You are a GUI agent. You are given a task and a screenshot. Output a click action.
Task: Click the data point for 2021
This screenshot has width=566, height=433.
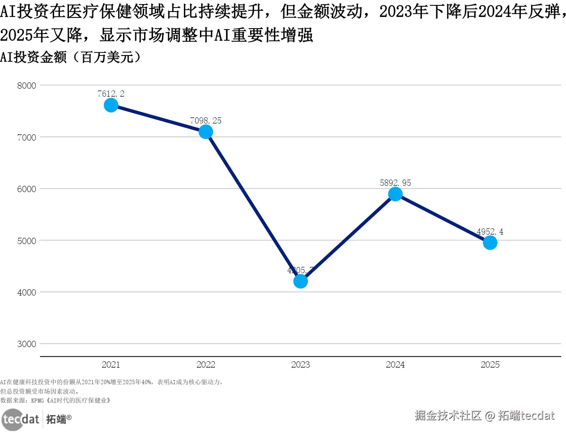coord(111,105)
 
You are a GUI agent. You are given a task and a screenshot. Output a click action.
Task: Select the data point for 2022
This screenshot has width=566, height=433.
coord(206,132)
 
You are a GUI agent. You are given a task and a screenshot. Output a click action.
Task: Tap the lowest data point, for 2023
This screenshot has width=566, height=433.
coord(301,281)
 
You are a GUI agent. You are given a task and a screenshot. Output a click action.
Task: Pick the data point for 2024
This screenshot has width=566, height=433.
coord(396,194)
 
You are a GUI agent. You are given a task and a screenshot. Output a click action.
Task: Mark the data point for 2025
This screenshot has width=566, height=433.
coord(490,243)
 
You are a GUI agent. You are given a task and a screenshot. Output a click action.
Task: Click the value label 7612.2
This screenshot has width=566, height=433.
coord(111,94)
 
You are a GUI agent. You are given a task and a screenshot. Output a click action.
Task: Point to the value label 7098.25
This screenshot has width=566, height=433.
coord(206,120)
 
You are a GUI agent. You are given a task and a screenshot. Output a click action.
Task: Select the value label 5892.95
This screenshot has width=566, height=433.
coord(396,183)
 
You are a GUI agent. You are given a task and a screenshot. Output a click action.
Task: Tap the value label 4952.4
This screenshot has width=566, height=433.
coord(490,232)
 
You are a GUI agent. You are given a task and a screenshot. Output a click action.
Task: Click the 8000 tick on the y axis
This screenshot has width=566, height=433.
coord(26,86)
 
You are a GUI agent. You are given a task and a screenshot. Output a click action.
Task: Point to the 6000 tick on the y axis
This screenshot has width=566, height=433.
coord(26,189)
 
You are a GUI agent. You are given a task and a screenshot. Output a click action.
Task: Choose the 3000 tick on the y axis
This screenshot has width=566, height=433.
coord(26,344)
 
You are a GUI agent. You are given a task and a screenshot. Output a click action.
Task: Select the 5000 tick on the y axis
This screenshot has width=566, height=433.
coord(26,241)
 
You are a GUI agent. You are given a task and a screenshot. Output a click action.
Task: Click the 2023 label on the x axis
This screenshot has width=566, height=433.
coord(301,364)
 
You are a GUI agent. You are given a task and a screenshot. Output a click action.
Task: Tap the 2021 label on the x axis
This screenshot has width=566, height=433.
coord(111,364)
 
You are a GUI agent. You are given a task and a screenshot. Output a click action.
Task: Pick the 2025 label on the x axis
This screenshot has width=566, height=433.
coord(490,364)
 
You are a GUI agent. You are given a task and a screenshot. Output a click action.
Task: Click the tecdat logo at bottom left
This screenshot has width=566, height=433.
coord(21,419)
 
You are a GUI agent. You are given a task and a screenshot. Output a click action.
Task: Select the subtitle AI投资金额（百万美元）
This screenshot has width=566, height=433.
coord(71,57)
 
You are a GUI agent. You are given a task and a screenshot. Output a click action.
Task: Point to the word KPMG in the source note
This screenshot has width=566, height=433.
coord(38,400)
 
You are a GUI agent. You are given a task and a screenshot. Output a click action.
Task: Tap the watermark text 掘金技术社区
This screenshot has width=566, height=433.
coord(447,416)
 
